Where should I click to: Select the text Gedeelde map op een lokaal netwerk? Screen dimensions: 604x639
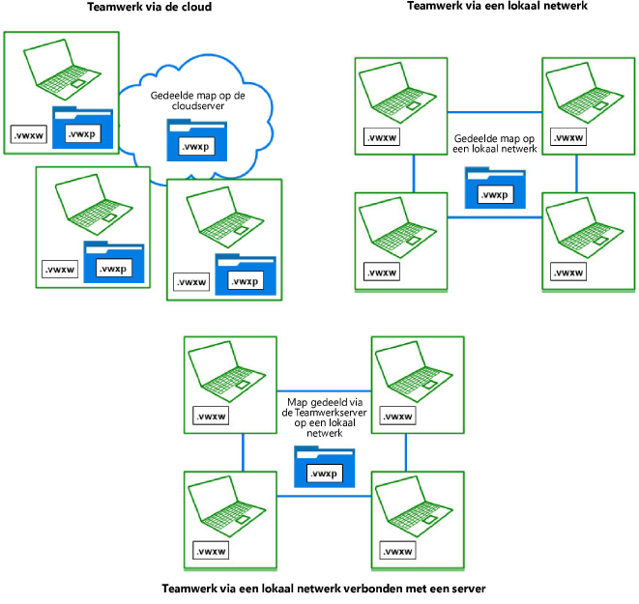point(495,145)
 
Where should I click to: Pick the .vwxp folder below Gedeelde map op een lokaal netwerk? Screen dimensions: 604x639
point(495,187)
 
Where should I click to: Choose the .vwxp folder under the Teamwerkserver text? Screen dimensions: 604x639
point(324,468)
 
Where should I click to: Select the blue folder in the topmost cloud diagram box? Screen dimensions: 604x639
point(83,130)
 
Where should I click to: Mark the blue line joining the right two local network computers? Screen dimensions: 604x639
point(577,173)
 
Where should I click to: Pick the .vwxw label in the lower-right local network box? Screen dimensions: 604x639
point(568,273)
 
